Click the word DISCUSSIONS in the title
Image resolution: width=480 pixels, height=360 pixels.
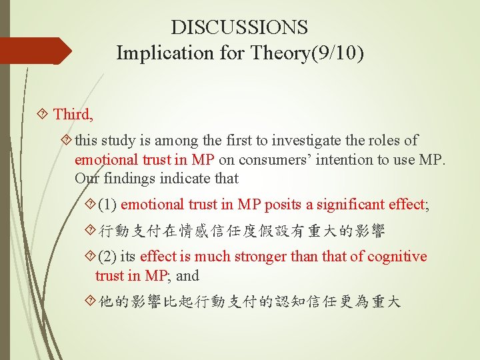(239, 27)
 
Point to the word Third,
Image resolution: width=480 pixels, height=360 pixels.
(73, 114)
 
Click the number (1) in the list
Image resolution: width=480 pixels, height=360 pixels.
(107, 205)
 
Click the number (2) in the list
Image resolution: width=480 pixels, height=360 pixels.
(107, 257)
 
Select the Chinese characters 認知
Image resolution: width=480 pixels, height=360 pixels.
(281, 302)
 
